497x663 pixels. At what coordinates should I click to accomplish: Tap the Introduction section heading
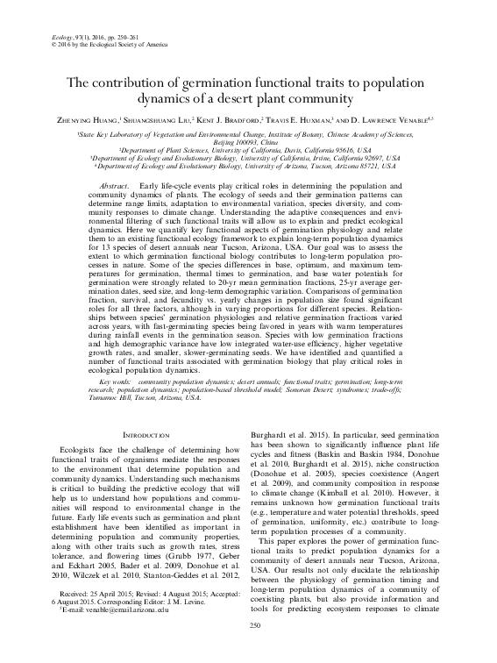tap(143, 436)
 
